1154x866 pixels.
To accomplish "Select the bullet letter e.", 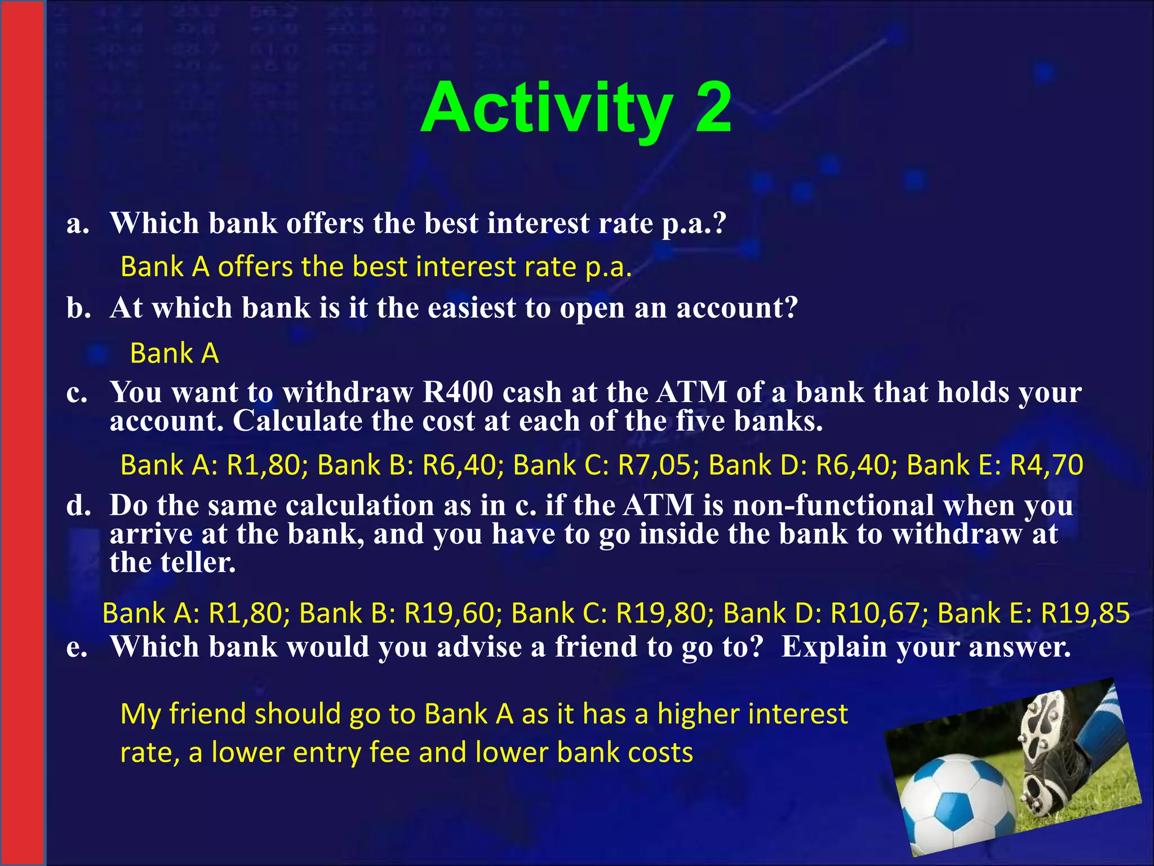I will pos(77,647).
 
